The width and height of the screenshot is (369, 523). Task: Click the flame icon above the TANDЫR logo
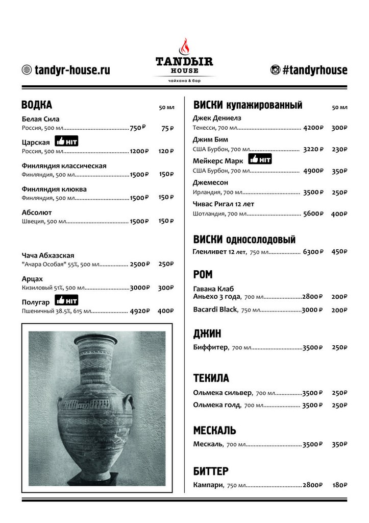(184, 46)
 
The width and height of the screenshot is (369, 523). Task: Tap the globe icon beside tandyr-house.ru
(27, 70)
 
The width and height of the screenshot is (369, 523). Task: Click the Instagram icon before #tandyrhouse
(275, 70)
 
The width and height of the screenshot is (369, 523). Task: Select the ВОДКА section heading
(37, 105)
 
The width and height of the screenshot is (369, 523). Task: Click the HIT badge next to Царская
(66, 141)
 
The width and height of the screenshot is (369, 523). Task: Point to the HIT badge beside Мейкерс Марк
(260, 159)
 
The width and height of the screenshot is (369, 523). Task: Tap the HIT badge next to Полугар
(66, 300)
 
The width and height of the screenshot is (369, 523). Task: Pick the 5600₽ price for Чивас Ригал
(313, 214)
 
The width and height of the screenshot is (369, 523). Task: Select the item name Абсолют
(37, 212)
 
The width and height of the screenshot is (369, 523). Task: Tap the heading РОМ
(203, 275)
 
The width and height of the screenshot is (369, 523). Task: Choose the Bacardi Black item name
(215, 310)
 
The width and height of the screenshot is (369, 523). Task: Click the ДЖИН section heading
(207, 334)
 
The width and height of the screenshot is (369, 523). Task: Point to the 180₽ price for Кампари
(339, 485)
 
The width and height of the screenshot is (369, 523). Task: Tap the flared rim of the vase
(96, 340)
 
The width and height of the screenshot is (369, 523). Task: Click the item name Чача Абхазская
(48, 255)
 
